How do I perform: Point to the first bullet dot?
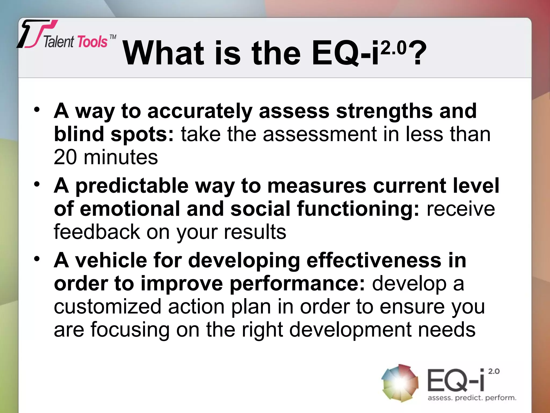point(37,110)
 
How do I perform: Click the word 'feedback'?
point(97,232)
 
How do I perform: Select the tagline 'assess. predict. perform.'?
point(472,398)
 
